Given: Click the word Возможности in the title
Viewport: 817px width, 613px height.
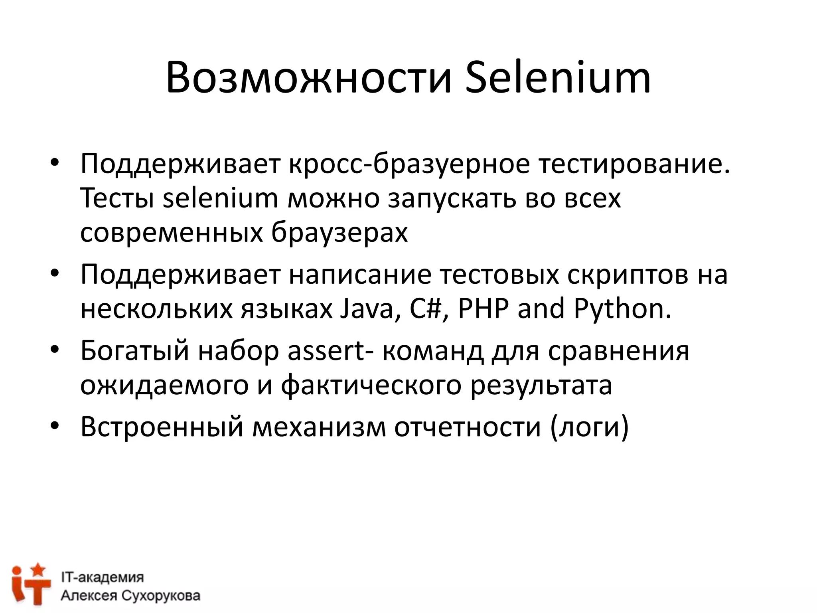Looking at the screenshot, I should click(309, 78).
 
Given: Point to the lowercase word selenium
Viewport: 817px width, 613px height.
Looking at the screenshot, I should click(221, 198).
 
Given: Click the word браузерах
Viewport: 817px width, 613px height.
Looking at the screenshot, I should click(339, 233).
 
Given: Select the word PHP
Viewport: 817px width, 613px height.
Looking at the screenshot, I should click(483, 308).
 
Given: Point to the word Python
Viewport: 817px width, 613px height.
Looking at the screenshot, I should click(622, 308).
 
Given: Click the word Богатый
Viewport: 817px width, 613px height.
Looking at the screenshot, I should click(134, 350).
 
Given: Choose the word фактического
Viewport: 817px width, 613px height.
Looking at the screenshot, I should click(371, 385).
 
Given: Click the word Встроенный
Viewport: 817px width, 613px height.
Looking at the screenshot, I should click(162, 426).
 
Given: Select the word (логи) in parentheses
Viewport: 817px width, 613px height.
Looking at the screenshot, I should click(589, 426).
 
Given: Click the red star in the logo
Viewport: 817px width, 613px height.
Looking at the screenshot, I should click(38, 568).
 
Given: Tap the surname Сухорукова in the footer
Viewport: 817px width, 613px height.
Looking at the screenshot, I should click(160, 596).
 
